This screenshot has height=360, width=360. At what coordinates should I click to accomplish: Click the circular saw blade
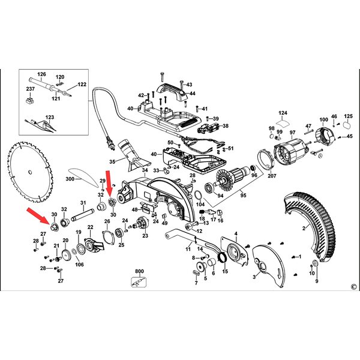(x=30, y=172)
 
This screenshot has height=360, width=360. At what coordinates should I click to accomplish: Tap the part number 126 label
(x=41, y=74)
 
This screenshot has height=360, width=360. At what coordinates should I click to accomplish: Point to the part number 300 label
(x=70, y=179)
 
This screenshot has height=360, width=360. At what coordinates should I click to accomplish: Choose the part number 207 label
(x=272, y=176)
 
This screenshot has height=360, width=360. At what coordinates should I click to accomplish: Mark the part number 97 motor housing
(x=292, y=152)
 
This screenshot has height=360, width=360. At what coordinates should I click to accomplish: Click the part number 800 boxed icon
(x=139, y=282)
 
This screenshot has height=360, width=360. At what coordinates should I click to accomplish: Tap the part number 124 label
(x=283, y=113)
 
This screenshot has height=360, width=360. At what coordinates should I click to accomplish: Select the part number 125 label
(x=348, y=116)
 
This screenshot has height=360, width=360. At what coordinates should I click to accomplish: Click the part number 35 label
(x=112, y=161)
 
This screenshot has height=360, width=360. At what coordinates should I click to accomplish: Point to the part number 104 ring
(x=198, y=196)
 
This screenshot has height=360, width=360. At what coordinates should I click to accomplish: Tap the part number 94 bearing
(x=209, y=187)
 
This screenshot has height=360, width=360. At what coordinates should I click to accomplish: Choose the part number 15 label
(x=225, y=271)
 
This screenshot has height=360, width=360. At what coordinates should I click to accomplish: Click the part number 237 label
(x=31, y=89)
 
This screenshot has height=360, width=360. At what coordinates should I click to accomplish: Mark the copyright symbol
(x=354, y=287)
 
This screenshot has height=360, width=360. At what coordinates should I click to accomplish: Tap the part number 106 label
(x=79, y=265)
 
